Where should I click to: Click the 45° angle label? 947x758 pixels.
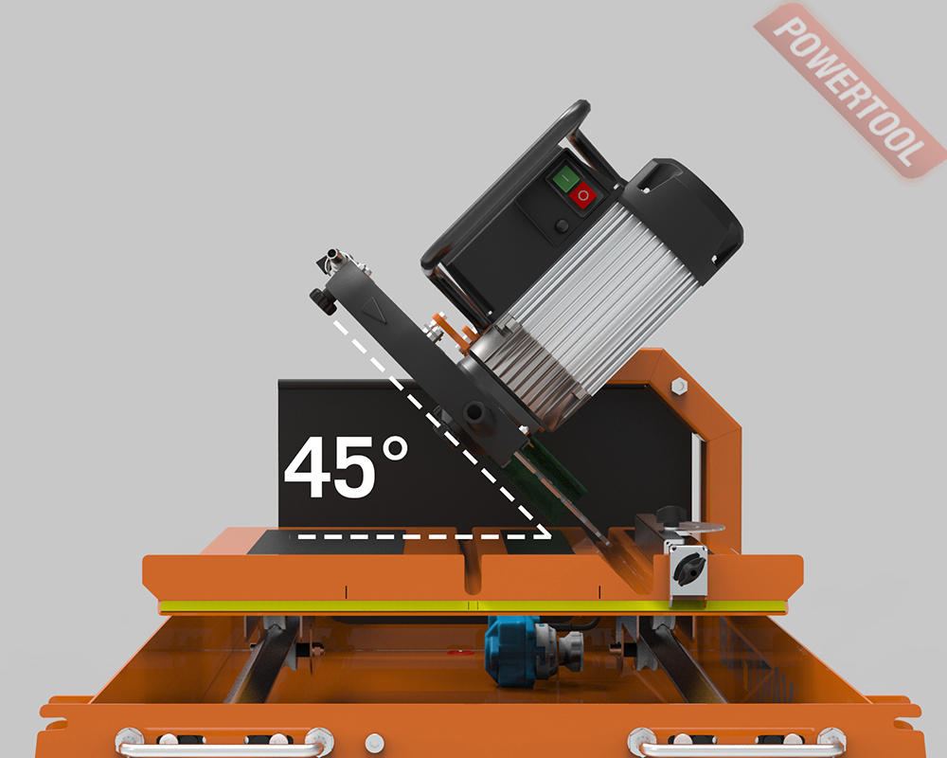346,467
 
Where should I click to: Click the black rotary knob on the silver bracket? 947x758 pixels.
688,568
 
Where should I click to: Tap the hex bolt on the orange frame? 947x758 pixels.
678,385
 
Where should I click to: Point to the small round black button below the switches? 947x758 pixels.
562,226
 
